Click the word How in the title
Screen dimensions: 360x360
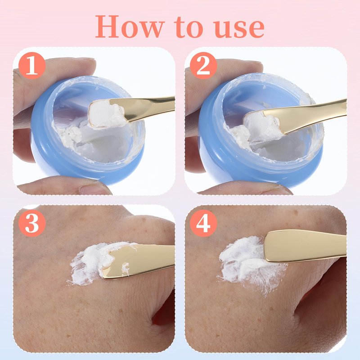pos(130,27)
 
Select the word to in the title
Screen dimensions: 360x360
pos(189,27)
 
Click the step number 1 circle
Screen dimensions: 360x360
pos(32,66)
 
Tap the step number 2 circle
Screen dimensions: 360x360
pos(203,66)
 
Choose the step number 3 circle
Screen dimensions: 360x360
pos(32,223)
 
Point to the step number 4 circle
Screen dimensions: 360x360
pos(203,223)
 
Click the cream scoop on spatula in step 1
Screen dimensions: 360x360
pos(106,114)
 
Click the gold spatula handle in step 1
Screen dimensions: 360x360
pos(147,108)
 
